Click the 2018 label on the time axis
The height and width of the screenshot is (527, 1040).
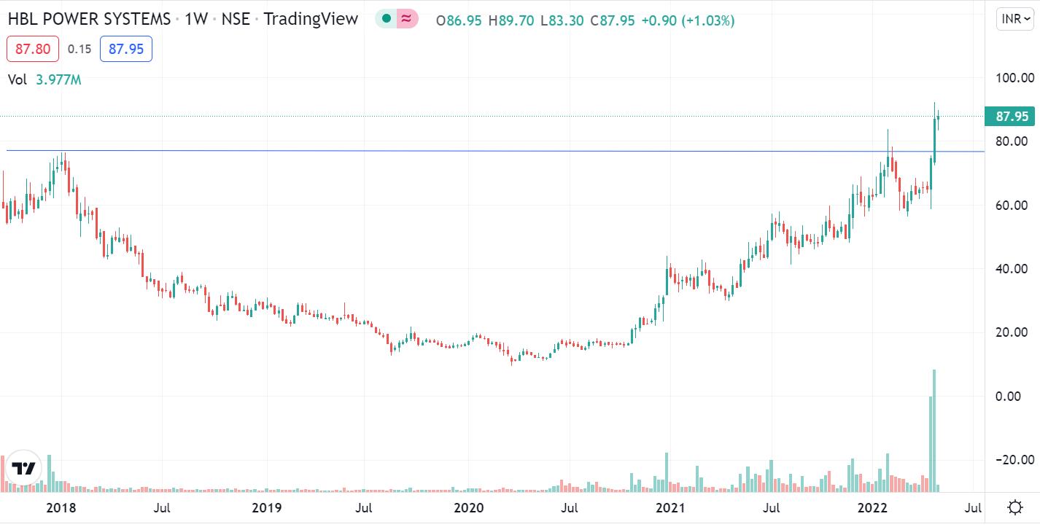click(x=61, y=507)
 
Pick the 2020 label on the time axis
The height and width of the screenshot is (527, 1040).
click(x=468, y=507)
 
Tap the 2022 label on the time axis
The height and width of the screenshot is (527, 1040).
click(x=872, y=507)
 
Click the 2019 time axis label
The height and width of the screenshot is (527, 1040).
click(x=265, y=507)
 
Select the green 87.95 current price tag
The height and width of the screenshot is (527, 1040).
click(x=1009, y=117)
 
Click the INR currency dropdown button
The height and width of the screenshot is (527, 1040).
click(x=1014, y=19)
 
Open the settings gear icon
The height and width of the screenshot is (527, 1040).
click(x=1014, y=507)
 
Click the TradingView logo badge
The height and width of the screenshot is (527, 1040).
click(x=24, y=469)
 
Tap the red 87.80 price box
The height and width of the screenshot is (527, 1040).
click(x=32, y=49)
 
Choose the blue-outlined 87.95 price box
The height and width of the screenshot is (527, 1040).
click(x=125, y=49)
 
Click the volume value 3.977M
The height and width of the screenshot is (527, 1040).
click(x=58, y=80)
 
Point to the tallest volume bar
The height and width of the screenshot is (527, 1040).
click(x=934, y=430)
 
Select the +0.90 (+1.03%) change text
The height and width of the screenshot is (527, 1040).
click(x=688, y=20)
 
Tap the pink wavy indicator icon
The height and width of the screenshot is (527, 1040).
click(x=407, y=19)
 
